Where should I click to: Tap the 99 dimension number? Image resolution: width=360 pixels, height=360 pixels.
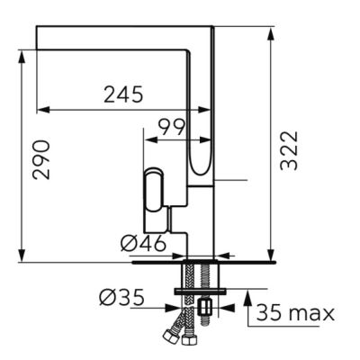[171, 126]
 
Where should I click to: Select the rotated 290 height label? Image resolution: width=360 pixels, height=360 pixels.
[42, 158]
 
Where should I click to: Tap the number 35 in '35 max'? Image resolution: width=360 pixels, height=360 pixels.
[268, 313]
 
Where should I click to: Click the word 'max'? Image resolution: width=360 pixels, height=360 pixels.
[311, 313]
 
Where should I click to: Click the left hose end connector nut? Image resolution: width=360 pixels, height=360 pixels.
[169, 339]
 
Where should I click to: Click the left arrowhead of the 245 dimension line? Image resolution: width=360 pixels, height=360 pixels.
[40, 110]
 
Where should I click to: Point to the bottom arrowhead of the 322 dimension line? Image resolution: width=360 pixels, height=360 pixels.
[271, 255]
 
